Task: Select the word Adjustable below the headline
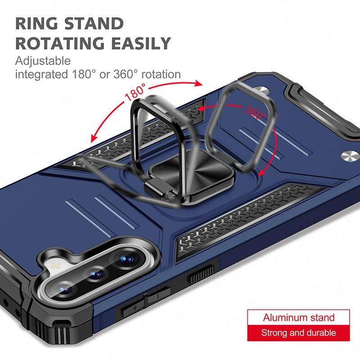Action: [x=43, y=61]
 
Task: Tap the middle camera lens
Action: [x=96, y=274]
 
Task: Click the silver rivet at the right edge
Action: [x=348, y=156]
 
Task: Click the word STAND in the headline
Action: [x=96, y=23]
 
